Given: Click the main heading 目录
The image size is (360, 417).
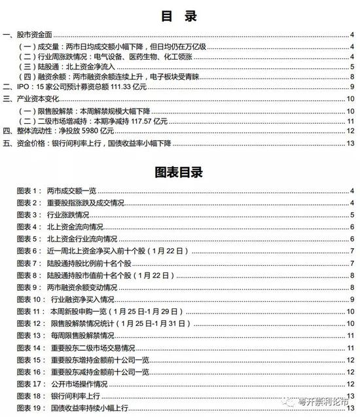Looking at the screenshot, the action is pos(179,16).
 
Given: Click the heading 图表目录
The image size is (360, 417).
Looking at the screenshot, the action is pos(179,173).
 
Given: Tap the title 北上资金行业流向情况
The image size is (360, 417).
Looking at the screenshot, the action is pos(82,240).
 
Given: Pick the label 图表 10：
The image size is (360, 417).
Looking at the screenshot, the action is pos(31,300).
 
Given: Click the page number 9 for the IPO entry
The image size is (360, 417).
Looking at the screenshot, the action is pos(352,86).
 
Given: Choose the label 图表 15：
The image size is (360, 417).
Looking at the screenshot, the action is pos(31,359).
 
